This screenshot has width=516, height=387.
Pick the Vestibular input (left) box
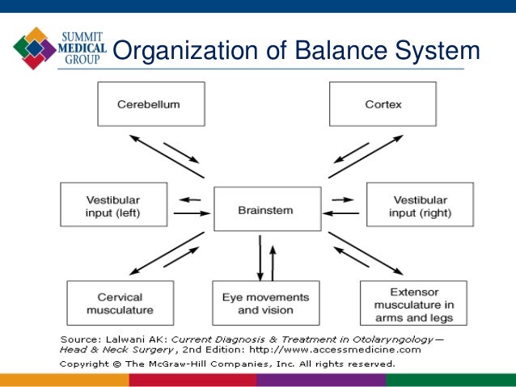click(x=114, y=204)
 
